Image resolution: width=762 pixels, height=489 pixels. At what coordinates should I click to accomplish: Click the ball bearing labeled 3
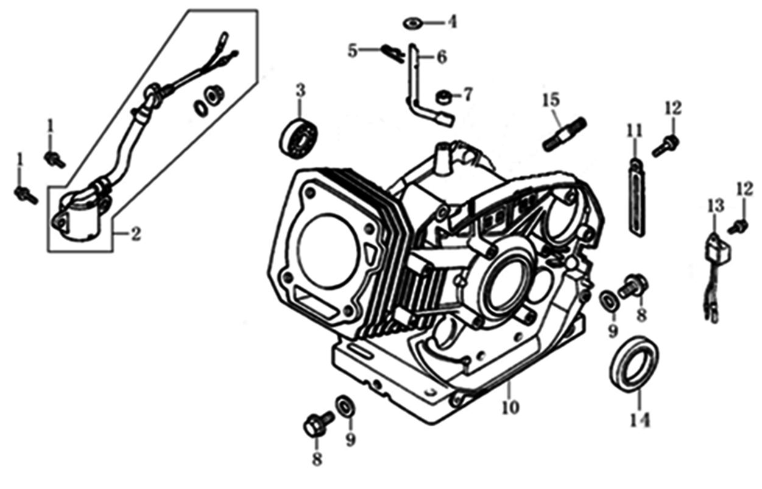pyautogui.click(x=298, y=139)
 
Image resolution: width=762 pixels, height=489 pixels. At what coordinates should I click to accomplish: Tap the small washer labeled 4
pyautogui.click(x=414, y=23)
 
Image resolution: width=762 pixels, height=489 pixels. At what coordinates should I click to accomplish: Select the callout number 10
pyautogui.click(x=510, y=407)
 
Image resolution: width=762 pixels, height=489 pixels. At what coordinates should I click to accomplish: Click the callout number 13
pyautogui.click(x=715, y=205)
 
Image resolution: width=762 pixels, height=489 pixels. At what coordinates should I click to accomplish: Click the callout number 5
pyautogui.click(x=353, y=51)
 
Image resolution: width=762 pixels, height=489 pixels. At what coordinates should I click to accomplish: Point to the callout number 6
pyautogui.click(x=441, y=57)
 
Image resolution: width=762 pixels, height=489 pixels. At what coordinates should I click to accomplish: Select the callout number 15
pyautogui.click(x=551, y=99)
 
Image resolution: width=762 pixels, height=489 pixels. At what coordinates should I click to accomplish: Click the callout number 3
pyautogui.click(x=300, y=91)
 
